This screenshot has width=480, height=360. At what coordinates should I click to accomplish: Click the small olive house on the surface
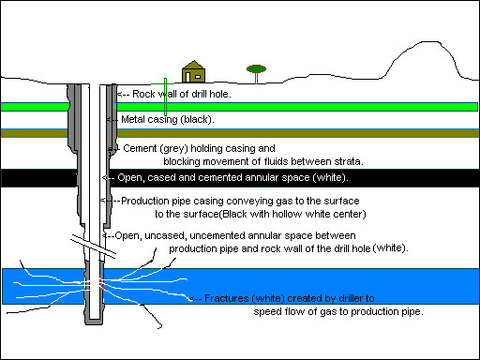click(x=193, y=72)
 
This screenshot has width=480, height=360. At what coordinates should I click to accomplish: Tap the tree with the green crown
click(x=256, y=74)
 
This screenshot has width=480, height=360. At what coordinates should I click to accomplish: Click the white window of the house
click(x=198, y=77)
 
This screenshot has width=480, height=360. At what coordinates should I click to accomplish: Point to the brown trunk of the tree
click(x=256, y=78)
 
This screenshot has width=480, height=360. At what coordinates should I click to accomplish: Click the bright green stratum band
click(x=297, y=107)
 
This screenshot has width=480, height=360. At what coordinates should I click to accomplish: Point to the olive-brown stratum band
click(x=297, y=133)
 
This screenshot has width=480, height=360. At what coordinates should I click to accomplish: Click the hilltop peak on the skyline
click(x=430, y=41)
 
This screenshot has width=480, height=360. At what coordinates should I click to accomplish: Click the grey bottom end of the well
click(x=94, y=322)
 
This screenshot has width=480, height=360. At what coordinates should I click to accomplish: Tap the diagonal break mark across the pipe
click(x=93, y=247)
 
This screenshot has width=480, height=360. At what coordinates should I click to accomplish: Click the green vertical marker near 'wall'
click(x=165, y=97)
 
